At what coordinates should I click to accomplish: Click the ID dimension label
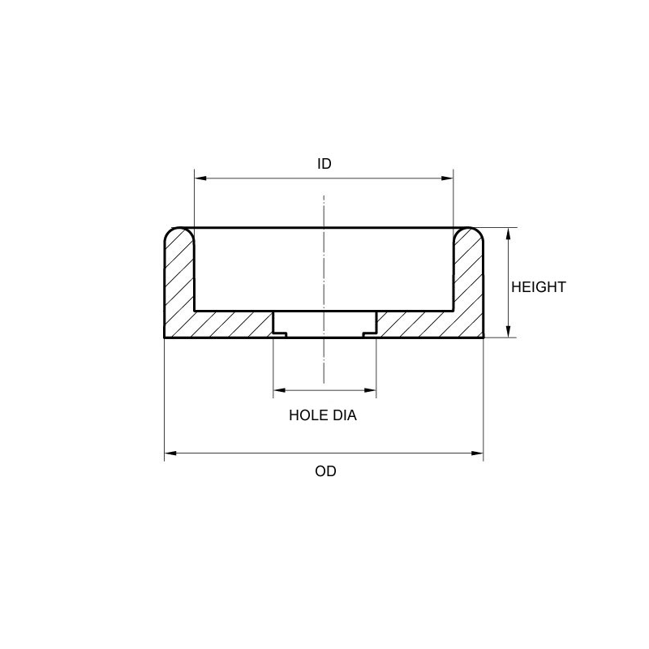[x=324, y=164]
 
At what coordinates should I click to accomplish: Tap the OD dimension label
[x=325, y=471]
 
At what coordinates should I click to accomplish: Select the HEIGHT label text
[x=538, y=287]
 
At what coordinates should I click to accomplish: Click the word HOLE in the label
[x=307, y=416]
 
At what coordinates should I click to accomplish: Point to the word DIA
[x=344, y=416]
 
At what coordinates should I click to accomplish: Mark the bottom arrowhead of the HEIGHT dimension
[x=508, y=332]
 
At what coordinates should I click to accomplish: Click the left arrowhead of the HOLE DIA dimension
[x=278, y=391]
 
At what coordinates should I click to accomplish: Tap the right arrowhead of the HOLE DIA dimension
[x=372, y=391]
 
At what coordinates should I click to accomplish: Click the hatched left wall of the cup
[x=179, y=280]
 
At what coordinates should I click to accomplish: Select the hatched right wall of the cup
[x=468, y=280]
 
